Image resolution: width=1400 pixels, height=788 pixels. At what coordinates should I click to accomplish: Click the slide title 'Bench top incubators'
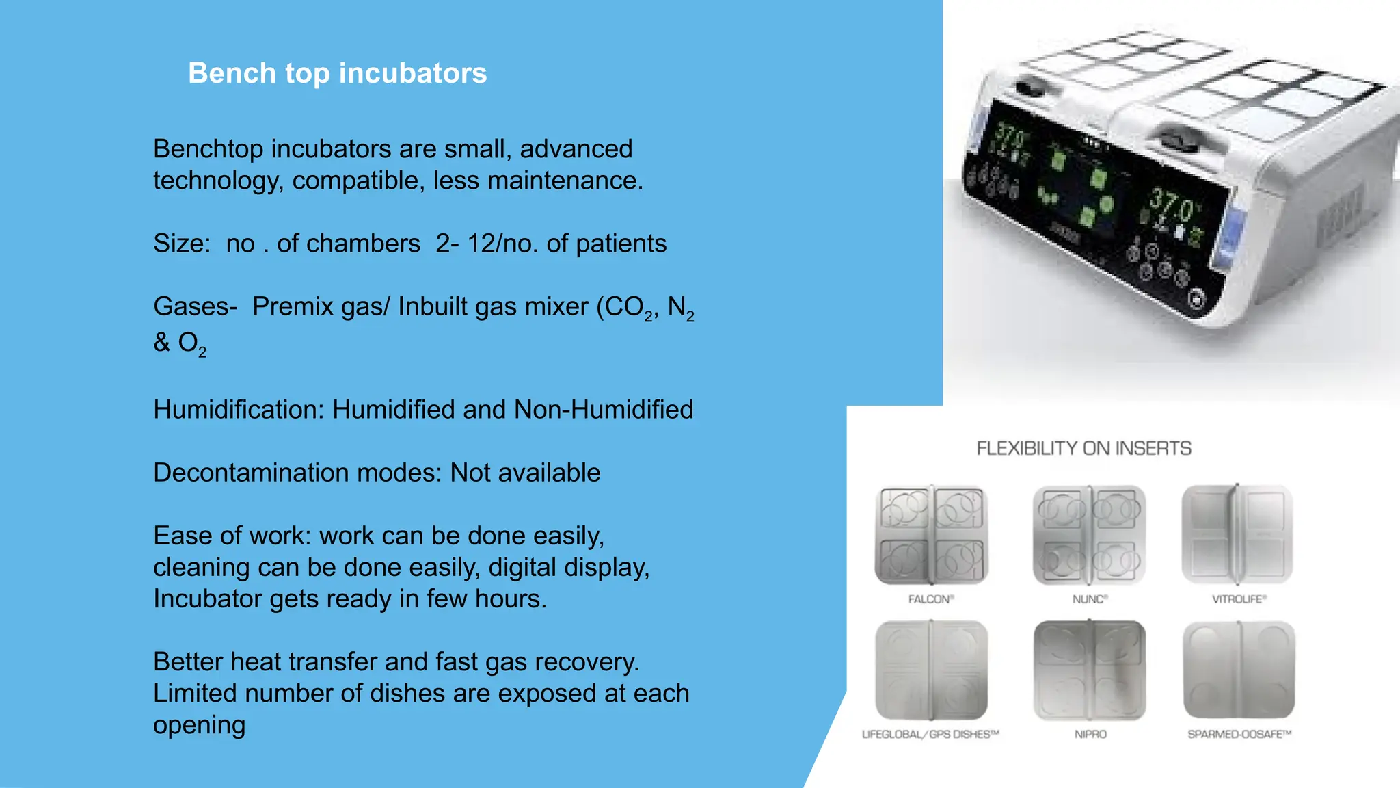click(x=337, y=73)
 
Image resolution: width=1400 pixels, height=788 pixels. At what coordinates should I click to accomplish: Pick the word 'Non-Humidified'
click(x=604, y=410)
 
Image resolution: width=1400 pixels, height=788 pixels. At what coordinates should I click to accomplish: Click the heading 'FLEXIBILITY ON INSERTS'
click(x=1083, y=449)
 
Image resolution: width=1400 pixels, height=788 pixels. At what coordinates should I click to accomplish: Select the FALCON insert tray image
click(x=931, y=534)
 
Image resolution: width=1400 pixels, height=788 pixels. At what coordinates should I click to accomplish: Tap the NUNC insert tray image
click(x=1089, y=534)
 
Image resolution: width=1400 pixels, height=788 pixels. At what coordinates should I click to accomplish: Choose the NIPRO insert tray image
click(x=1090, y=670)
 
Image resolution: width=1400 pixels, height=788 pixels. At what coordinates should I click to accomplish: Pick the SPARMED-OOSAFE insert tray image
click(x=1239, y=670)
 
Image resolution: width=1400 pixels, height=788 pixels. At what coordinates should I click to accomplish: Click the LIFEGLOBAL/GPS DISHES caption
click(x=930, y=735)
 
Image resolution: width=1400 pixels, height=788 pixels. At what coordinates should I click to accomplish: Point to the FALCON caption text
click(x=930, y=599)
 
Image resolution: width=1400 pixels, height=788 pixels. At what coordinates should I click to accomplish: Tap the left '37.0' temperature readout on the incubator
click(x=1011, y=136)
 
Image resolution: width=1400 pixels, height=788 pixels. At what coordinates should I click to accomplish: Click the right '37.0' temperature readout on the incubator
click(x=1172, y=205)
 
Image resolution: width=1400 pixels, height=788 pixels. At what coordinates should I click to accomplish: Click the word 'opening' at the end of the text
click(x=199, y=725)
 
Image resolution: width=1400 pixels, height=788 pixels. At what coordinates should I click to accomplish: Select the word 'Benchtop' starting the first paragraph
click(x=208, y=149)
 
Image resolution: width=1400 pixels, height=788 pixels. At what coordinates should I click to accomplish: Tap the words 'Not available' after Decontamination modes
click(x=525, y=473)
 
